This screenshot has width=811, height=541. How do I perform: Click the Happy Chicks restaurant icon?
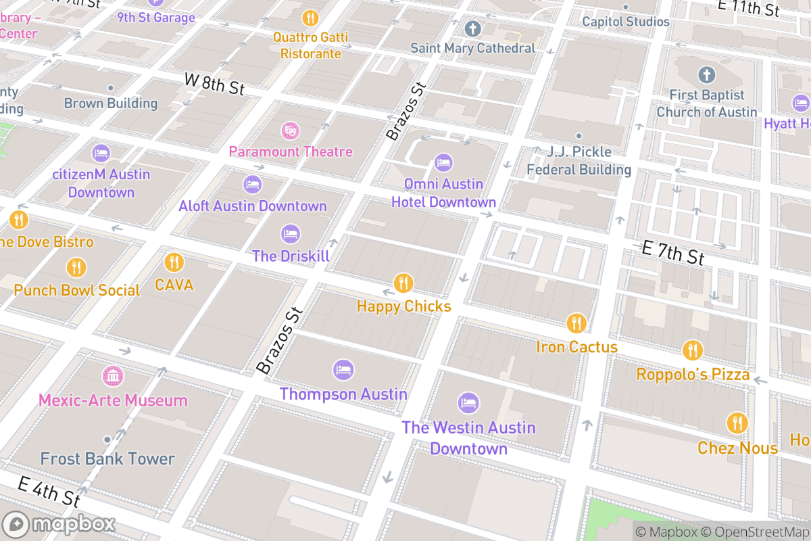pos(403,283)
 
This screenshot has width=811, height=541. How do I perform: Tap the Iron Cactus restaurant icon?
pos(576,323)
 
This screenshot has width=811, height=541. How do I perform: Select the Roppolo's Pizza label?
pos(693,375)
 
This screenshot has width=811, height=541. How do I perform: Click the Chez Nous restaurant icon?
pos(737,423)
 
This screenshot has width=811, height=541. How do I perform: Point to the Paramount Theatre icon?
pos(291,129)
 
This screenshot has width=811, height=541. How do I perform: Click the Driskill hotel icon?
pos(291,234)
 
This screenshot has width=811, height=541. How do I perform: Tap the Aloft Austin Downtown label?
pos(252,206)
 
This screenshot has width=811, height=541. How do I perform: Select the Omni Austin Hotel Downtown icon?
pos(443,162)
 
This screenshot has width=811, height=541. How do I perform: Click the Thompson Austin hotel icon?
pos(343,370)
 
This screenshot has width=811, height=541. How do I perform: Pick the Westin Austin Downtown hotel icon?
pos(468,404)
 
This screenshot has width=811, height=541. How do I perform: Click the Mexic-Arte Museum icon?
pos(113,376)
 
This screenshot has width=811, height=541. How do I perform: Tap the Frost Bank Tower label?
pos(107,459)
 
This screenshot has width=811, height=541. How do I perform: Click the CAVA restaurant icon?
pos(174,262)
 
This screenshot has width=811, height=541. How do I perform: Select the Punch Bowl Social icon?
pos(76,268)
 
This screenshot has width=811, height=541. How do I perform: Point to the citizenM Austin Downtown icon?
pos(101,153)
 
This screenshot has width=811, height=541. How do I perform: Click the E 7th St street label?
pos(672,255)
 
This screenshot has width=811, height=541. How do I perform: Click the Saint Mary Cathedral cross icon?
pos(472,29)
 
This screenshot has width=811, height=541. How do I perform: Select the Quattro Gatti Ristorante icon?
pos(311,18)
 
